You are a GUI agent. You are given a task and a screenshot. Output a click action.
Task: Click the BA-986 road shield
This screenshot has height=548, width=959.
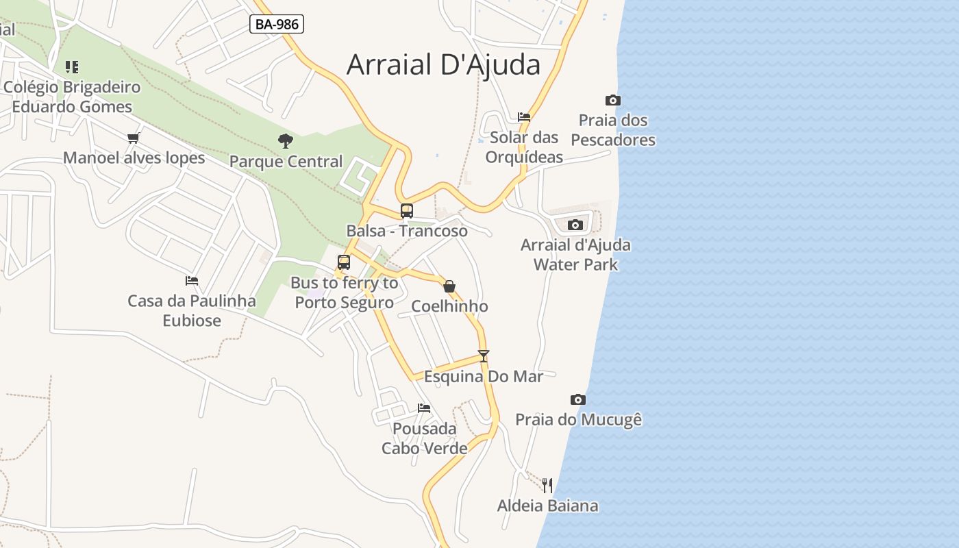pyautogui.click(x=277, y=25)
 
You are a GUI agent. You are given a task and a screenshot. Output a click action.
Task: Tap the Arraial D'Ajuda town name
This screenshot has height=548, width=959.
pyautogui.click(x=443, y=64)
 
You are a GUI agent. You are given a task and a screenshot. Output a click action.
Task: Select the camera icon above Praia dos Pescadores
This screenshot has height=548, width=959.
pyautogui.click(x=613, y=101)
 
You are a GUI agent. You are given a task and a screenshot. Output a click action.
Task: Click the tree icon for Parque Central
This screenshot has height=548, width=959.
pyautogui.click(x=286, y=141)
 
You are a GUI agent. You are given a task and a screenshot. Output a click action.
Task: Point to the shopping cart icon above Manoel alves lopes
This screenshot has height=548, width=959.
pyautogui.click(x=134, y=138)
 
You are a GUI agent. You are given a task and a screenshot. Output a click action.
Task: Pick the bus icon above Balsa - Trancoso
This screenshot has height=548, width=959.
pyautogui.click(x=407, y=211)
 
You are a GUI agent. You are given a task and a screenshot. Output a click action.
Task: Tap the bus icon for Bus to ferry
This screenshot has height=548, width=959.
pyautogui.click(x=344, y=262)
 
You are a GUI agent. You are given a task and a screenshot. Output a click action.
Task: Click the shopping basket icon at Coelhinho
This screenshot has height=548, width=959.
pyautogui.click(x=449, y=286)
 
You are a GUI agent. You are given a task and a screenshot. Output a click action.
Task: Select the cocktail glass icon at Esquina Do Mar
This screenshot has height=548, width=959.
pyautogui.click(x=484, y=356)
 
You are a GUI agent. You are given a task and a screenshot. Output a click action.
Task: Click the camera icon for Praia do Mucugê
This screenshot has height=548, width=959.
pyautogui.click(x=578, y=400)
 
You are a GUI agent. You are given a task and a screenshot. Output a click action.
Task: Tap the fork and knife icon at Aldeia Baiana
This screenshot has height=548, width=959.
pyautogui.click(x=547, y=486)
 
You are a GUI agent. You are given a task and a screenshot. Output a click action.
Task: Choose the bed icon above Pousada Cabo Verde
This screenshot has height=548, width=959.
pyautogui.click(x=424, y=409)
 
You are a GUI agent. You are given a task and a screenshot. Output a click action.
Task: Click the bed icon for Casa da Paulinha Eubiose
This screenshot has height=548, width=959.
pyautogui.click(x=192, y=281)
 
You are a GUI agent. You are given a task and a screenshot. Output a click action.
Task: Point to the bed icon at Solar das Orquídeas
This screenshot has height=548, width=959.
pyautogui.click(x=524, y=117)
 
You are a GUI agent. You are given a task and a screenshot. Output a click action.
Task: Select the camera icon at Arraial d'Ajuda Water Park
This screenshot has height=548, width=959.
pyautogui.click(x=575, y=225)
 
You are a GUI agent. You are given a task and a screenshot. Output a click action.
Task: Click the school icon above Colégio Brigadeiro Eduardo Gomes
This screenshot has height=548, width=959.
pyautogui.click(x=72, y=67)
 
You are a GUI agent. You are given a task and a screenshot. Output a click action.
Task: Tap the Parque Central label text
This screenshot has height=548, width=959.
pyautogui.click(x=286, y=162)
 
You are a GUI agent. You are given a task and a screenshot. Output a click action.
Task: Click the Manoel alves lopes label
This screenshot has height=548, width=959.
pyautogui.click(x=134, y=158)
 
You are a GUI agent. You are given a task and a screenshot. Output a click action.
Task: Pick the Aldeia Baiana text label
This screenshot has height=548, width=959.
pyautogui.click(x=547, y=506)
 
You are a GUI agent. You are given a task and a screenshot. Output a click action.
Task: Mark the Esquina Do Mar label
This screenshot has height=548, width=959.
pyautogui.click(x=484, y=377)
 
